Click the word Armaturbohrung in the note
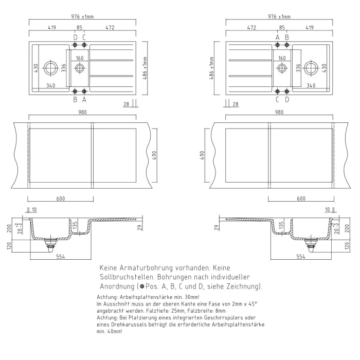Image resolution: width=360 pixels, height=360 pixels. (x=143, y=268)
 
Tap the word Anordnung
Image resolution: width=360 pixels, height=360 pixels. (x=118, y=286)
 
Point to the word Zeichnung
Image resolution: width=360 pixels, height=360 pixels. (x=242, y=286)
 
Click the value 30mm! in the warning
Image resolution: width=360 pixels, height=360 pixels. (x=189, y=297)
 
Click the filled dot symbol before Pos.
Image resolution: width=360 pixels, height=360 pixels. (x=142, y=286)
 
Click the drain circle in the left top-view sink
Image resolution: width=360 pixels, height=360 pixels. (x=51, y=67)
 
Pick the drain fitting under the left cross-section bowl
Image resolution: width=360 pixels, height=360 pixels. (x=50, y=242)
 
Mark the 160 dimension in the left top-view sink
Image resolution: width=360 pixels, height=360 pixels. (x=80, y=59)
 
